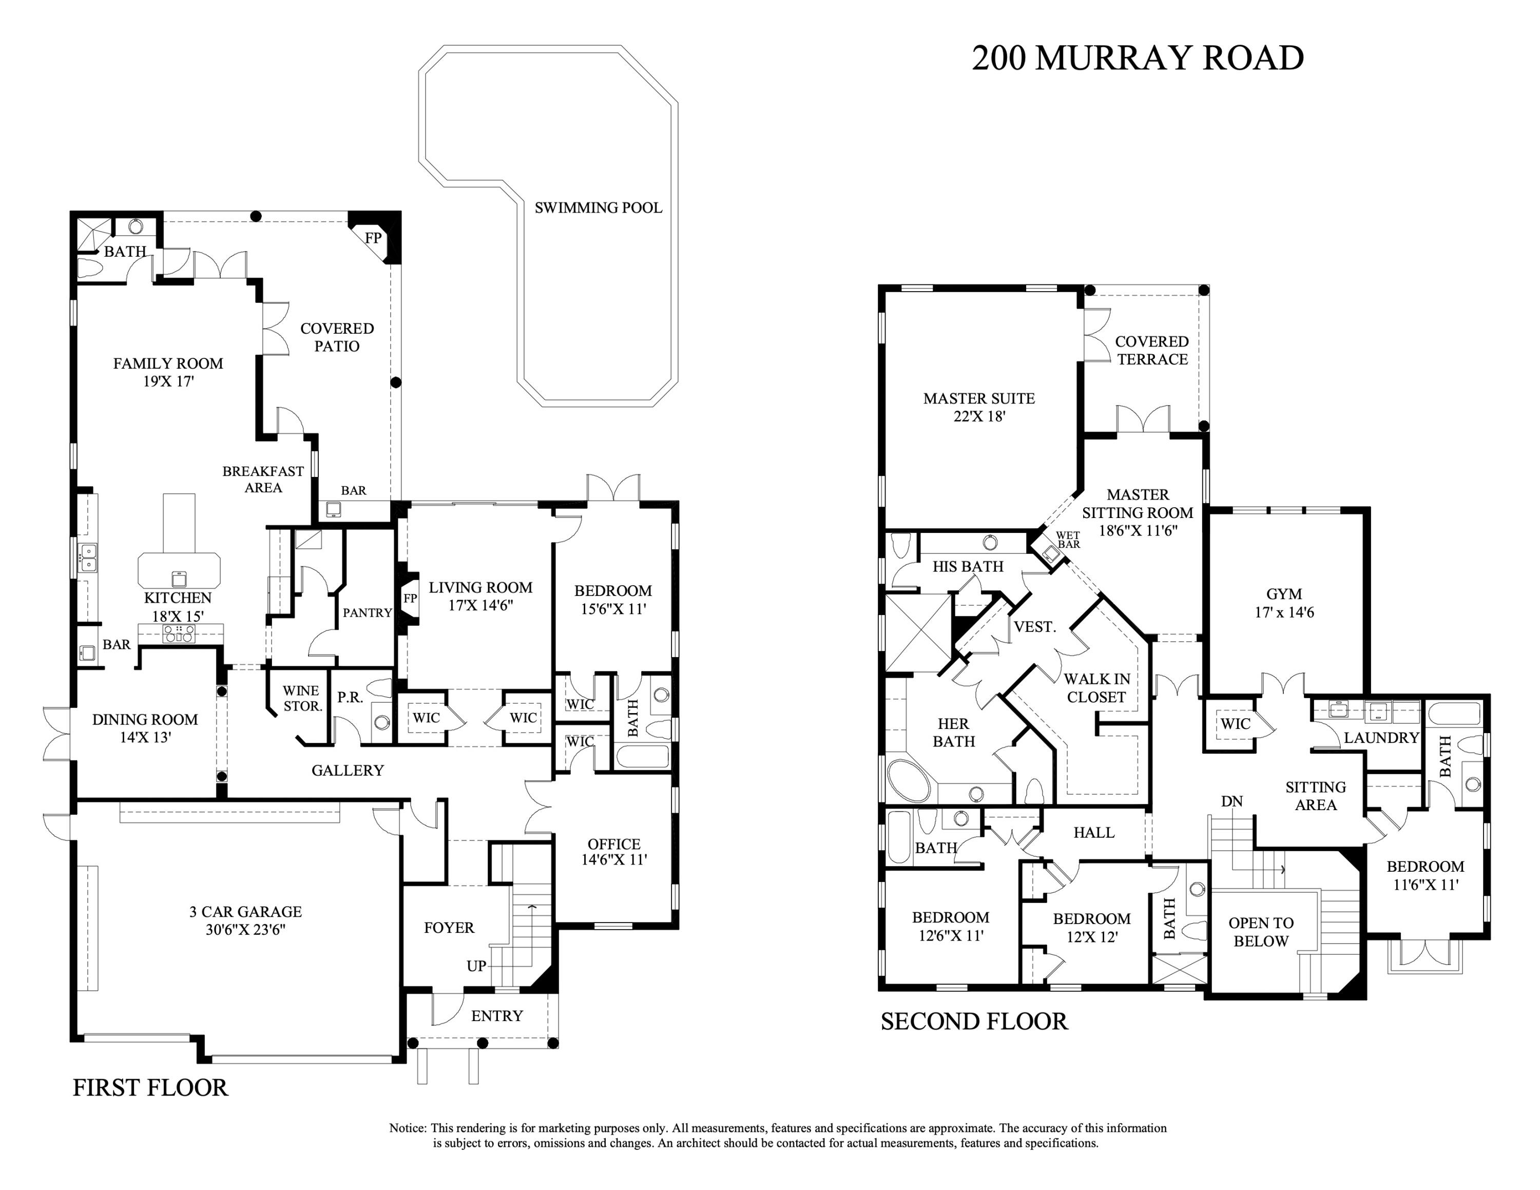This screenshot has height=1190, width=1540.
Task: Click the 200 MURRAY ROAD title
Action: point(1138,58)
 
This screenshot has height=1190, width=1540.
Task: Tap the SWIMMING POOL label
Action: point(598,207)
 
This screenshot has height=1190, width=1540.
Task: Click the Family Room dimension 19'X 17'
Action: point(168,381)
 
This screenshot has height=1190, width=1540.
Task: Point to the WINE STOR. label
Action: point(301,698)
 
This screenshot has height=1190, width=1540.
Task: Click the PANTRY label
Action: point(367,612)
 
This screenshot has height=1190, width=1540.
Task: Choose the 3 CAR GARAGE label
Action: point(245,912)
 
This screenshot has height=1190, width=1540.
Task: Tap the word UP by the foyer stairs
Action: point(476,966)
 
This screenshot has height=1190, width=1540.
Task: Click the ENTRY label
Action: point(497,1016)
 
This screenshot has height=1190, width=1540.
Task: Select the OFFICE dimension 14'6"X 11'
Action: point(613,860)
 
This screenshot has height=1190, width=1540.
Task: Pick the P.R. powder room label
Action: point(350,697)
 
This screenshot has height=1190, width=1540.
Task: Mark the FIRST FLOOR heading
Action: point(150,1087)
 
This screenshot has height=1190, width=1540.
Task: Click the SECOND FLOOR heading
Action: point(974,1022)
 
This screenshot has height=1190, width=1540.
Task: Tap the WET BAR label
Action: point(1068,540)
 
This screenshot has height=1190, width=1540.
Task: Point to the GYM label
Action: point(1283,593)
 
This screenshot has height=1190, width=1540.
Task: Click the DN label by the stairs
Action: point(1232,801)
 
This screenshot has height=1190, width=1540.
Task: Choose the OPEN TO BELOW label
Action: point(1261,932)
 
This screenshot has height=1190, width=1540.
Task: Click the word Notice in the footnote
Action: point(407,1128)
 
